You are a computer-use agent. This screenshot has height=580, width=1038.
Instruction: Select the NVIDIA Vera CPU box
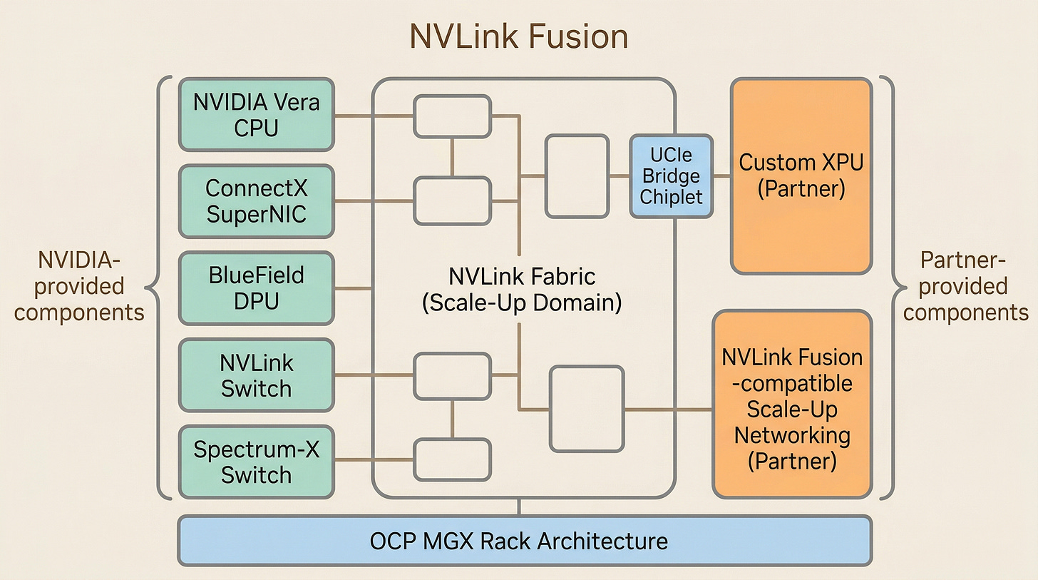(x=256, y=114)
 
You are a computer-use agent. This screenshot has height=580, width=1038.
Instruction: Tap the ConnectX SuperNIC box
(x=256, y=201)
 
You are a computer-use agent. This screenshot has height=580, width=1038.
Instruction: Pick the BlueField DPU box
(x=256, y=288)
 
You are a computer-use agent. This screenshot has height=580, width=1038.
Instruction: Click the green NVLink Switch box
(x=256, y=375)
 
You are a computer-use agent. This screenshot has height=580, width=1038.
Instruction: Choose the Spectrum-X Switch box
(x=256, y=462)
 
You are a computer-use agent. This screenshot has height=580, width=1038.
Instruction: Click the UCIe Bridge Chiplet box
(x=671, y=175)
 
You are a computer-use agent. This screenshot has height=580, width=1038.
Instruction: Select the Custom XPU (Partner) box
(x=801, y=175)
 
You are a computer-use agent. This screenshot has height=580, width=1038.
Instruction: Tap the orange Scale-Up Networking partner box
(x=792, y=404)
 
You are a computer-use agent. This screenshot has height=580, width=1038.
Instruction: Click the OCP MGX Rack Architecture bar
(x=518, y=541)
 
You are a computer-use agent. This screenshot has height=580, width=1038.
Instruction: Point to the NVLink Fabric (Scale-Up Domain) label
(x=521, y=289)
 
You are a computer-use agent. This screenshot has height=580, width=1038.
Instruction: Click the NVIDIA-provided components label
(x=79, y=286)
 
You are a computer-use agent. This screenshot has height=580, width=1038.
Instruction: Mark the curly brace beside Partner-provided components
(x=889, y=288)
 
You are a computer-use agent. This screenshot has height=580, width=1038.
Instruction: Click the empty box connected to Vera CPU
(x=452, y=116)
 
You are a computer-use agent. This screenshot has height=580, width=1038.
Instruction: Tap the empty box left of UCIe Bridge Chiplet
(x=577, y=175)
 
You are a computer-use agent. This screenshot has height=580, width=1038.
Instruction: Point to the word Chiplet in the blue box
(x=671, y=196)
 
